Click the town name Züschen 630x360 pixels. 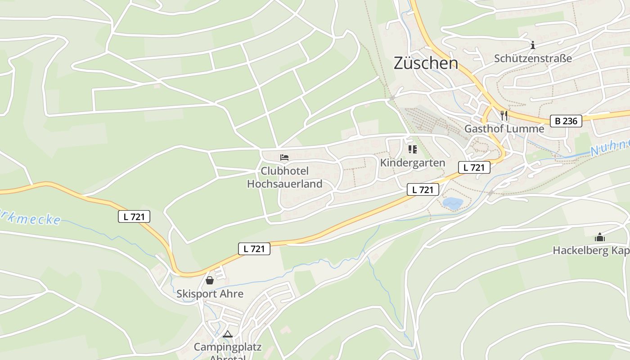point(426,63)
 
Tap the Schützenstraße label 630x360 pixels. point(533,58)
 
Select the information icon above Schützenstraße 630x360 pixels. point(533,45)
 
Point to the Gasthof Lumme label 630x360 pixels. point(504,129)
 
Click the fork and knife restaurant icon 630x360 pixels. point(504,116)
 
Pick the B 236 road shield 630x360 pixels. point(566,121)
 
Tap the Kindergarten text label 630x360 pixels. point(412,162)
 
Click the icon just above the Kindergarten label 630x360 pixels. point(412,149)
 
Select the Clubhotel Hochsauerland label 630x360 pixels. point(285,177)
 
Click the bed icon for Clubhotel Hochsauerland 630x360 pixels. point(284,157)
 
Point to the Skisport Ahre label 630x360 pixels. point(210,294)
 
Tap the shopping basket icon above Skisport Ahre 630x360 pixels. point(210,280)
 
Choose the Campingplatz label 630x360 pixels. point(227,347)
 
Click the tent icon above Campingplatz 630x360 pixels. point(228,334)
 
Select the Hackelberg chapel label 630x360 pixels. point(591,251)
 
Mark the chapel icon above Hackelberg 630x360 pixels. point(600,237)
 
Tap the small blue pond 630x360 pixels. point(452,203)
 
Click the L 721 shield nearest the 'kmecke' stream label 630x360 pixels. point(134,216)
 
